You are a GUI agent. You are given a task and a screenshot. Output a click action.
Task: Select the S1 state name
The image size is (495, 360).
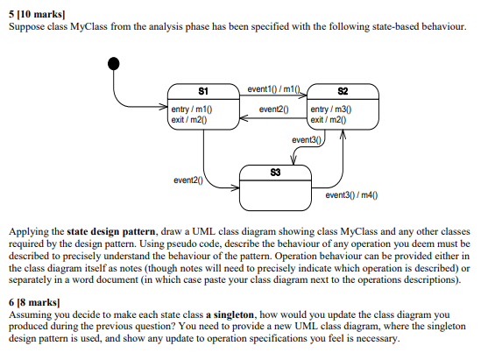[x=203, y=91]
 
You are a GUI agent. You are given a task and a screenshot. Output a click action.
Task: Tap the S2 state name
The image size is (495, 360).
[x=343, y=91]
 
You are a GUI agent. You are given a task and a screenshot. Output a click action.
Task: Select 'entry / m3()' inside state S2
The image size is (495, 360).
[x=332, y=109]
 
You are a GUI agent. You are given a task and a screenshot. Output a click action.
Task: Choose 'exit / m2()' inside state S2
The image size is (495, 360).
[x=329, y=118]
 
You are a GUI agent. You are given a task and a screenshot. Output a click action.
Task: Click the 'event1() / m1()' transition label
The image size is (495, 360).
[x=273, y=89]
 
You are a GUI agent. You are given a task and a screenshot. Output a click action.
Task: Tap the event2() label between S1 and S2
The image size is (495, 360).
[x=274, y=109]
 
